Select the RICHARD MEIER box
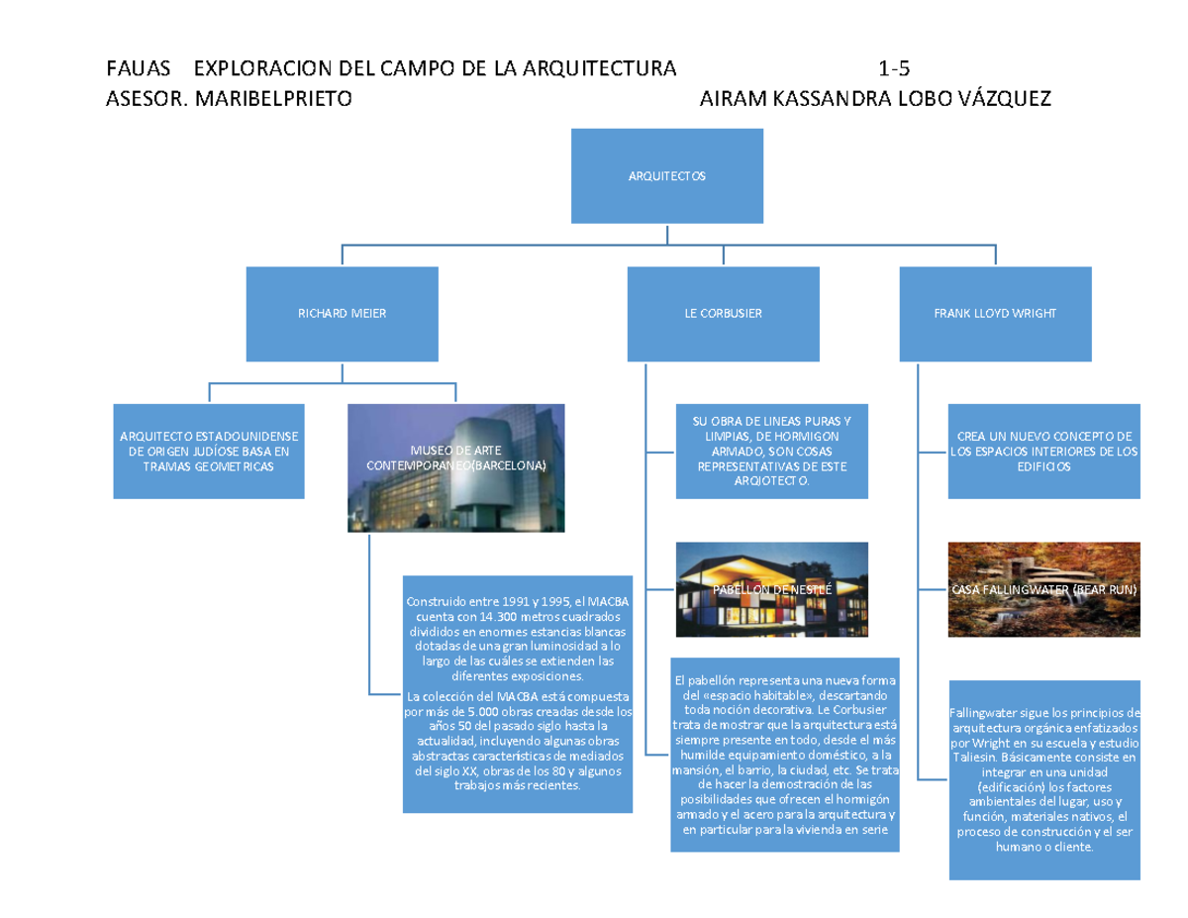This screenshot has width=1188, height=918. click(343, 313)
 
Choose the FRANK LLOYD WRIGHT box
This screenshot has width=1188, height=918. click(995, 313)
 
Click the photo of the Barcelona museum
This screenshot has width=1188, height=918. click(456, 467)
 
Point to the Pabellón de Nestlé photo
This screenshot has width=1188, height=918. click(773, 589)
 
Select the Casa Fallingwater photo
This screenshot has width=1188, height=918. click(1044, 589)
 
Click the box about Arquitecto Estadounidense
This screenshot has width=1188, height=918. click(209, 451)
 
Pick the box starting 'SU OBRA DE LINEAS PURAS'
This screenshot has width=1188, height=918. click(773, 451)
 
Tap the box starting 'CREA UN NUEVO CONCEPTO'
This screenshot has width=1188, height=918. click(1044, 451)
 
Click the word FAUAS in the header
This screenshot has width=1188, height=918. click(138, 69)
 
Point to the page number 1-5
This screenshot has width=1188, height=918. click(894, 69)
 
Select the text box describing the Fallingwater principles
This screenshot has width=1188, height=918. click(1044, 780)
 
